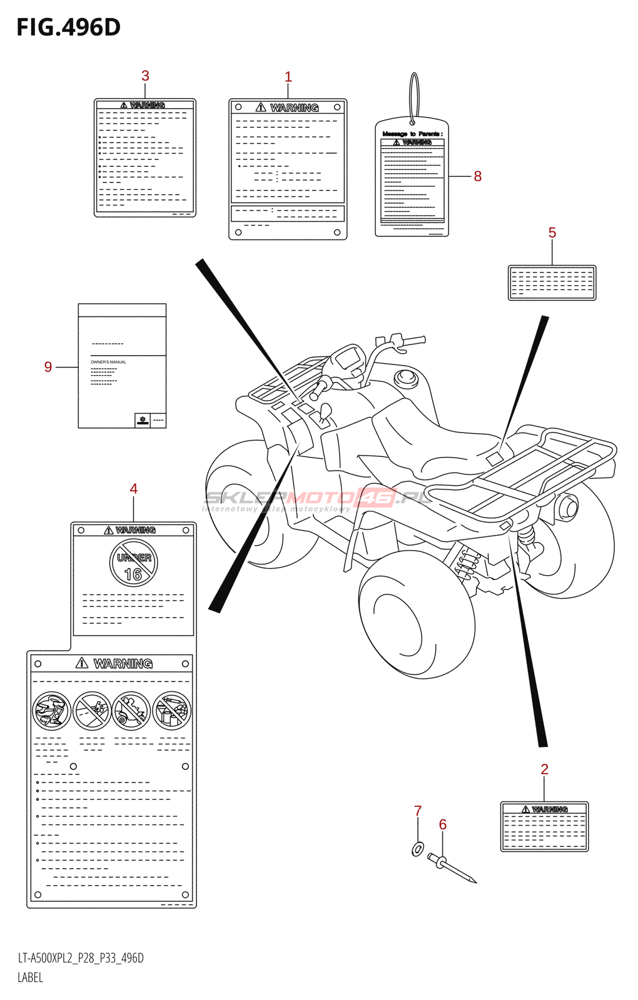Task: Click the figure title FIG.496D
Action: (x=68, y=27)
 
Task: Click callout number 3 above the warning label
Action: (x=145, y=76)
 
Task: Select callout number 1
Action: (x=288, y=77)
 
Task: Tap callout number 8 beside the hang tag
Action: (x=477, y=176)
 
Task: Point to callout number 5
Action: (x=552, y=232)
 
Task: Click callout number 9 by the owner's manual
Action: (x=48, y=367)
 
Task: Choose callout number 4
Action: (x=133, y=489)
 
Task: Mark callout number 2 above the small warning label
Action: (x=544, y=769)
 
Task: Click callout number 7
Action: (x=418, y=811)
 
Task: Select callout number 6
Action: (x=442, y=824)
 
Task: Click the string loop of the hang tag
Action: (x=413, y=97)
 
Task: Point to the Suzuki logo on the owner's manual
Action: (x=143, y=421)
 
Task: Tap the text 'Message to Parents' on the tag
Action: (x=412, y=134)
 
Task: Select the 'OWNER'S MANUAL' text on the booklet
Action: (x=108, y=362)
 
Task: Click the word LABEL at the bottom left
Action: (x=30, y=977)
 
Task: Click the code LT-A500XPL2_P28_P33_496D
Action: (x=81, y=958)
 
